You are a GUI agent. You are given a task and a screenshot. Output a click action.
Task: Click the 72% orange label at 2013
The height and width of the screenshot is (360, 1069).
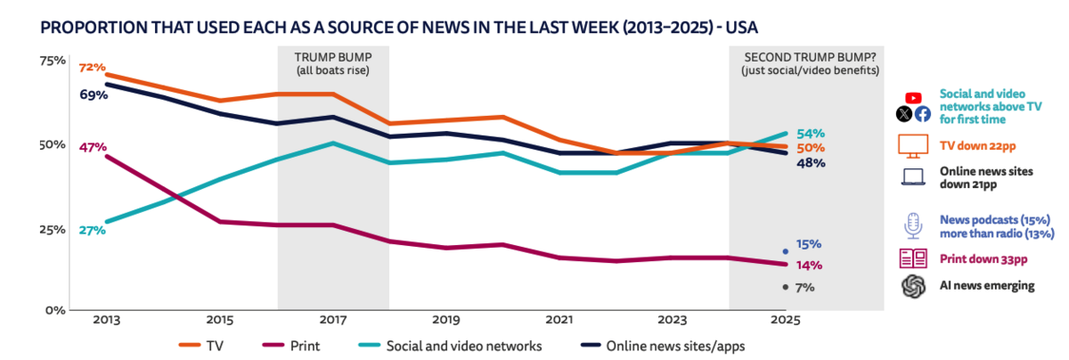(92, 68)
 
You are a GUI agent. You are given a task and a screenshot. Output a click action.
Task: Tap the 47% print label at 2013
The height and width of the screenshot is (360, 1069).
(92, 147)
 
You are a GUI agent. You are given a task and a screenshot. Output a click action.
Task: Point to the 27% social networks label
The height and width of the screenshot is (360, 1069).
(92, 230)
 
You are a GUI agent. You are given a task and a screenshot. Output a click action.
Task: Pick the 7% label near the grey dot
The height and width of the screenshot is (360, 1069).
(804, 287)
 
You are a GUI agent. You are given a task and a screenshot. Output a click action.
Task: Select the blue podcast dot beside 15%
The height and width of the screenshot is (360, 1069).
(785, 251)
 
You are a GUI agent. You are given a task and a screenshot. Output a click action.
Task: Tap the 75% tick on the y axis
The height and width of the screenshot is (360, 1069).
(53, 61)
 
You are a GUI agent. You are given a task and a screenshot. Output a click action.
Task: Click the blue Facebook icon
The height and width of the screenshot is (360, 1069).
(922, 113)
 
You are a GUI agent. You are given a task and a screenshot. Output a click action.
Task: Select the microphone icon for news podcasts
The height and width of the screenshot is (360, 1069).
(913, 226)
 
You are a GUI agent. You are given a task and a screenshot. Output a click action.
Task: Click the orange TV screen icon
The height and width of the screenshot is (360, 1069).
(913, 146)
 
